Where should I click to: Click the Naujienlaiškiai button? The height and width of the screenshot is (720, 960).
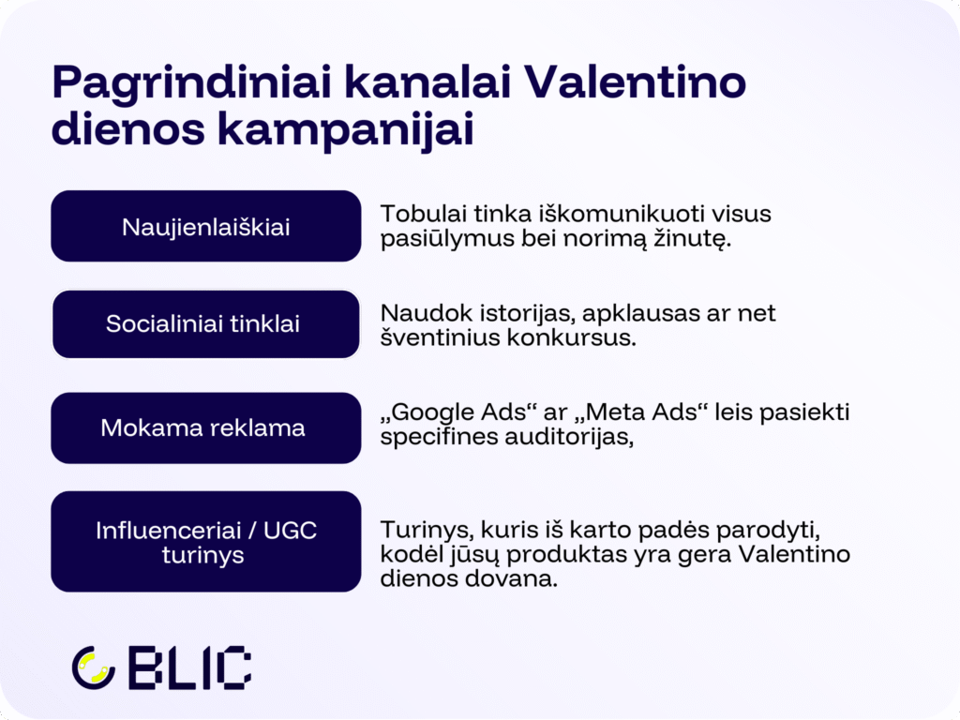(x=205, y=227)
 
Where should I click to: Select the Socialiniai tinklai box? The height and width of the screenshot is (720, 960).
(x=205, y=324)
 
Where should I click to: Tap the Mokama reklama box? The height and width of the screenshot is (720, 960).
(x=205, y=428)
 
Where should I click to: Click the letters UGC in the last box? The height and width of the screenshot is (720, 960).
(x=290, y=531)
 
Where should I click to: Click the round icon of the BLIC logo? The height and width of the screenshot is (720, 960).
(x=93, y=667)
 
